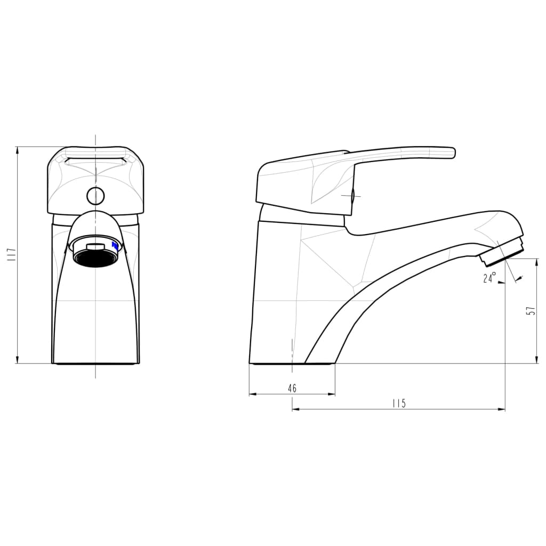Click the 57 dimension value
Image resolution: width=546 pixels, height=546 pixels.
coord(531,311)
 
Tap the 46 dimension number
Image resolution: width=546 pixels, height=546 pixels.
coord(292,388)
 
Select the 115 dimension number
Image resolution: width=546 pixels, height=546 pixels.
coord(399,403)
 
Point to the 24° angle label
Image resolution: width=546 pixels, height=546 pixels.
coord(489,278)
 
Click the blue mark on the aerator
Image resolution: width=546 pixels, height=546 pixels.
coord(115,246)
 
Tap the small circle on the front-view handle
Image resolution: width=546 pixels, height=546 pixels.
coord(95,196)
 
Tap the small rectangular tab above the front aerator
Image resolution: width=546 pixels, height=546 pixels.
coord(95,245)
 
